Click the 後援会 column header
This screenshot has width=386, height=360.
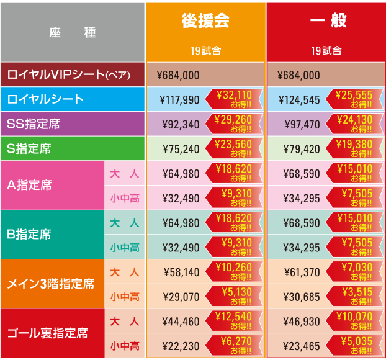tap(205, 20)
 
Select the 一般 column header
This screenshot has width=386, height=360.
tap(326, 20)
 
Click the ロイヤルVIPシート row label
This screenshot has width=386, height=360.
tap(72, 75)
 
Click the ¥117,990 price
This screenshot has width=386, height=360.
tap(179, 100)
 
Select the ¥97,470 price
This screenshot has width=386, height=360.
tap(301, 125)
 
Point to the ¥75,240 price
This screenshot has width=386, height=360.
tap(181, 150)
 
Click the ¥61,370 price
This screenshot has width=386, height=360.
tap(301, 272)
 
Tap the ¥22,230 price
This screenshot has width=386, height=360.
tap(181, 346)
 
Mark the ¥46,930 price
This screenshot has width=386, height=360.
tap(301, 322)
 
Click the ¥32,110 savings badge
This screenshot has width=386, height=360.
tap(233, 99)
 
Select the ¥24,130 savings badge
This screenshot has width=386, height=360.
tap(354, 124)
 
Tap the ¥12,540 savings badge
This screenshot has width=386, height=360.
tap(233, 320)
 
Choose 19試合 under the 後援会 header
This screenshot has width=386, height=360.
tap(205, 51)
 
